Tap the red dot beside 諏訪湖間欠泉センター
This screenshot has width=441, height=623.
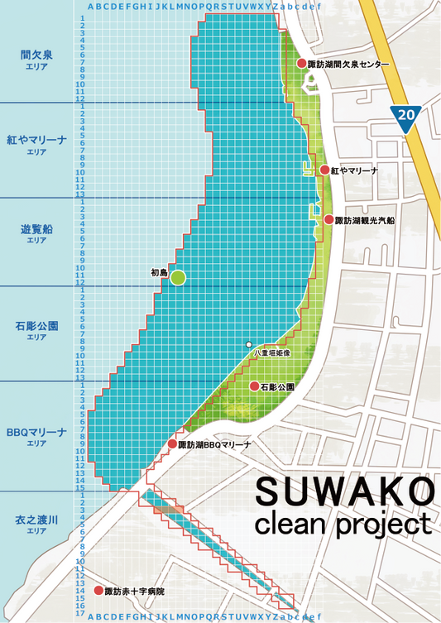coord(302,64)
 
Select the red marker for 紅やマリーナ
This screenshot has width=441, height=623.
coord(325,170)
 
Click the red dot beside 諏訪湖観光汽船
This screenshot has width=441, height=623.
coord(328,220)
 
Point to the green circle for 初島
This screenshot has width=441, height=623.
coord(178,279)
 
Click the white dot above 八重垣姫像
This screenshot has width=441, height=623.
coord(248,344)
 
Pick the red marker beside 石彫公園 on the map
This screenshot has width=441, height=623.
coord(254,386)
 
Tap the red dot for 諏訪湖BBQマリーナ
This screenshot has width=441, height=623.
coord(172,444)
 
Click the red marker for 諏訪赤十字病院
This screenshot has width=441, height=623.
coord(98,592)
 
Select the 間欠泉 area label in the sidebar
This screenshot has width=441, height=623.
coord(36,55)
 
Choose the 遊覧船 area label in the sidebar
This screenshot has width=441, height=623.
coord(36,229)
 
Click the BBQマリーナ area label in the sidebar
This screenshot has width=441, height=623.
coord(36,433)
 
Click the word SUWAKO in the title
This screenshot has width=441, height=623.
coord(343,491)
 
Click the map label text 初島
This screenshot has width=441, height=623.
coord(159,272)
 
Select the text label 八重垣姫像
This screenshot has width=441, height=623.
coord(271,354)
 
